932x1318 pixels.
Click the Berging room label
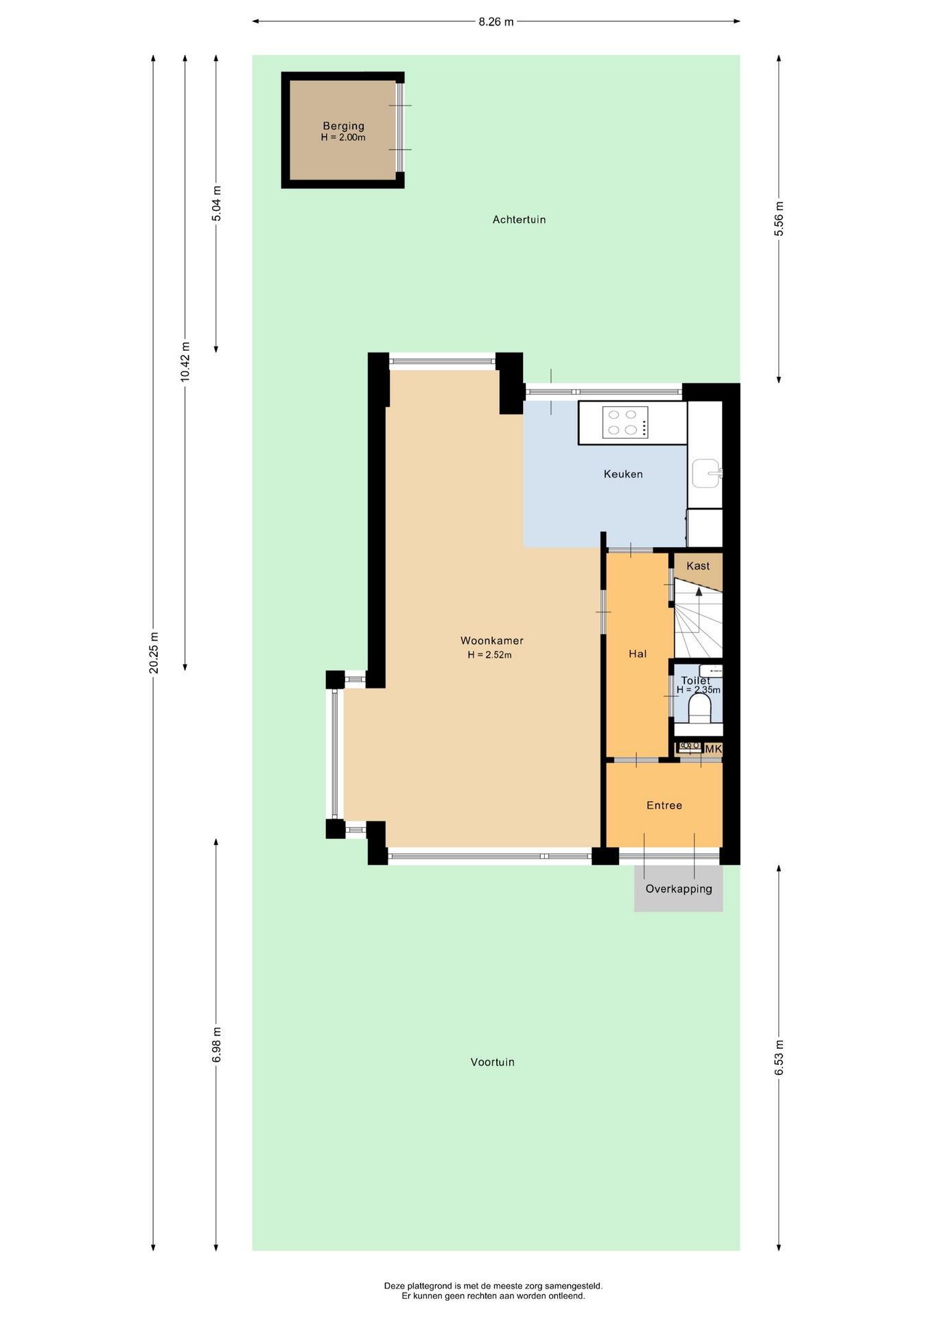(x=343, y=126)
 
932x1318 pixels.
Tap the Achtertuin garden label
(x=519, y=220)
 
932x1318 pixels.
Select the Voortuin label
(x=492, y=1062)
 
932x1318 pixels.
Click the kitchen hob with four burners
(x=625, y=422)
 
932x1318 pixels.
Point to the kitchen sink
(x=706, y=473)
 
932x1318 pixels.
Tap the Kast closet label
(x=698, y=566)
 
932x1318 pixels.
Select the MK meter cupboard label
(x=713, y=749)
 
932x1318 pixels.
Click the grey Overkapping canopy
(x=678, y=888)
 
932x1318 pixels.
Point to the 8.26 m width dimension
(x=496, y=21)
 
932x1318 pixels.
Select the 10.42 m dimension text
(x=185, y=361)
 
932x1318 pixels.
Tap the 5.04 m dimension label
(x=217, y=203)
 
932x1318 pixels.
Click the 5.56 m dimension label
(x=779, y=219)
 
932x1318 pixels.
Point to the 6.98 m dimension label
(x=217, y=1045)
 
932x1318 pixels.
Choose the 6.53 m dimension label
(x=779, y=1058)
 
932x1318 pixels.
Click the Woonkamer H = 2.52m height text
(x=490, y=655)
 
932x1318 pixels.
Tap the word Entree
(x=664, y=805)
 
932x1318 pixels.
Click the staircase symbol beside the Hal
(x=699, y=618)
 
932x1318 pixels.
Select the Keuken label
(x=623, y=474)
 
